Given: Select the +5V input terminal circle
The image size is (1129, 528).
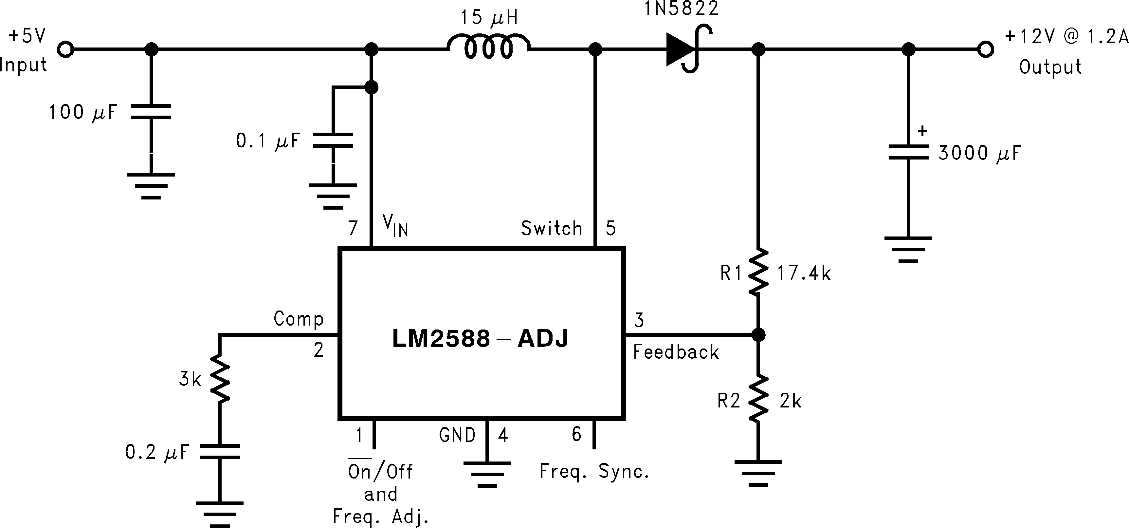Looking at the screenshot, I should (x=66, y=49).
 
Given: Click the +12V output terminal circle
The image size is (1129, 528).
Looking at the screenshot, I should (x=986, y=49).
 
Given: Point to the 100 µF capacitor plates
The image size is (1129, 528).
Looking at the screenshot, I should (x=151, y=112).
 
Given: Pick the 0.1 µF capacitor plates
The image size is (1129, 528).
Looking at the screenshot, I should (x=333, y=140).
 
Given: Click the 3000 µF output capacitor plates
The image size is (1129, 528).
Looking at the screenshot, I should (x=909, y=152).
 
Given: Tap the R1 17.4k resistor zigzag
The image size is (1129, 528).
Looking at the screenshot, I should (x=758, y=272).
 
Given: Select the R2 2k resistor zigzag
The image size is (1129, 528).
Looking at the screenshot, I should (x=758, y=399).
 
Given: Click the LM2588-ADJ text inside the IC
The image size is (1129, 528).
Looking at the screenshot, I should (x=480, y=339).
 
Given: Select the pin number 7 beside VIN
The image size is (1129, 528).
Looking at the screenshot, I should (x=353, y=228).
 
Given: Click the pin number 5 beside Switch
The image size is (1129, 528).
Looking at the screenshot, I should (x=610, y=228).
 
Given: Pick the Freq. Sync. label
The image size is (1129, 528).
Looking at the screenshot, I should (x=594, y=471).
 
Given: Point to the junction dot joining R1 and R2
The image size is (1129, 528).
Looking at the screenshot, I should (x=758, y=335).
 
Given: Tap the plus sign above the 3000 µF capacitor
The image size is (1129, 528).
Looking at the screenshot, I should (x=922, y=131).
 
